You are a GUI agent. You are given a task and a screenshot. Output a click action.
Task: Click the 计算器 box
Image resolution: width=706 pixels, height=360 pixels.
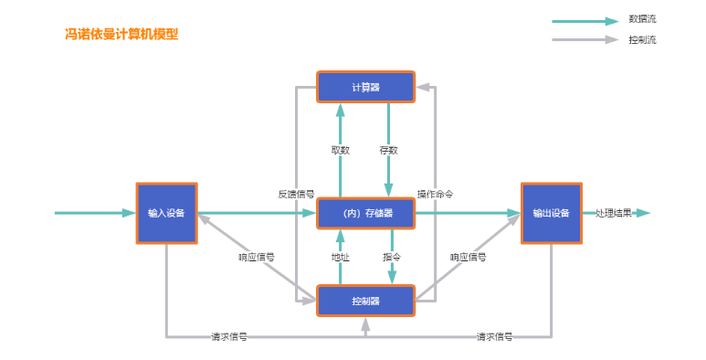click(x=365, y=87)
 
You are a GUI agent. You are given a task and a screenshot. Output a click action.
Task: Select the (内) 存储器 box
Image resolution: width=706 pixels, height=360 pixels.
click(x=365, y=213)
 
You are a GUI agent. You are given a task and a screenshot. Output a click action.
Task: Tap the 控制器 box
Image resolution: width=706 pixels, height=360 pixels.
click(x=365, y=301)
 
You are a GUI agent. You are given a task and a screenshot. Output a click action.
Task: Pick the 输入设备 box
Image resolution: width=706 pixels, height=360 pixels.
click(x=166, y=213)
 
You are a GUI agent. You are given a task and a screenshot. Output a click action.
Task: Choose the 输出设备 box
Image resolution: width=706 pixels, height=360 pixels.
click(x=552, y=213)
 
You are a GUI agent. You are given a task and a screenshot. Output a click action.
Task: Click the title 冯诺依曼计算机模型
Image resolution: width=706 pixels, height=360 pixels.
click(x=121, y=34)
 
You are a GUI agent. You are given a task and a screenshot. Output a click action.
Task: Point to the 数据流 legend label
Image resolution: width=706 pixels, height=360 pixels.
click(x=642, y=19)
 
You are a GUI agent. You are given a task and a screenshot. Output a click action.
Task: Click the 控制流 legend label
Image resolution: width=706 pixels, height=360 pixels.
click(x=642, y=39)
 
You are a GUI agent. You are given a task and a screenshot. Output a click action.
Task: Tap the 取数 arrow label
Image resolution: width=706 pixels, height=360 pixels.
click(x=341, y=150)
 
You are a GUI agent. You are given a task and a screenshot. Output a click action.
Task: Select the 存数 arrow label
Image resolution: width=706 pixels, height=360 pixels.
click(x=388, y=150)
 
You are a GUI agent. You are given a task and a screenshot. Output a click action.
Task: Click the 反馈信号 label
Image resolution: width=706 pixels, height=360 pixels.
click(x=296, y=195)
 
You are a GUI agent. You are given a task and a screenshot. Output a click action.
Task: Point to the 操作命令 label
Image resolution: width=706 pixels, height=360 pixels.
click(x=435, y=195)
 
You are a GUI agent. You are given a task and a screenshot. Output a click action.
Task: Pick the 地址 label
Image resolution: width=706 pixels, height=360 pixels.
click(x=341, y=258)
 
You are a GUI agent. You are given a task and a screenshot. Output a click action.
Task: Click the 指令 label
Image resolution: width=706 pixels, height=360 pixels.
click(x=392, y=258)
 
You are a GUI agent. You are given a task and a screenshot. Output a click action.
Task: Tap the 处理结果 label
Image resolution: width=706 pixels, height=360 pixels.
click(x=614, y=213)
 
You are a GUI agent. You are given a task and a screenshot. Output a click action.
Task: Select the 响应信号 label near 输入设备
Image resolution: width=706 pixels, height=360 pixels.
click(x=257, y=258)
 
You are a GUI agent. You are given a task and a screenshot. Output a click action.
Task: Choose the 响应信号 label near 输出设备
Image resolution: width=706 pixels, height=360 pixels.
click(x=469, y=258)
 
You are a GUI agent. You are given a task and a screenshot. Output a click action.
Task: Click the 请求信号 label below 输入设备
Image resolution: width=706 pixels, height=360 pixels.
click(x=229, y=336)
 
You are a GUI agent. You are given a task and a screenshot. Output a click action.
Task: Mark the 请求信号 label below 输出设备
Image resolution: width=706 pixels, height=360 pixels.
click(x=494, y=336)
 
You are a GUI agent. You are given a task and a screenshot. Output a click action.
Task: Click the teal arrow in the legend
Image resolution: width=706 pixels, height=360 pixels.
click(x=585, y=21)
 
